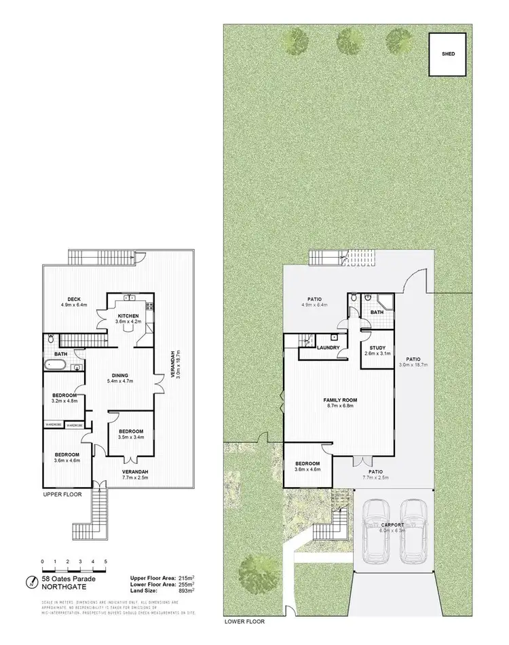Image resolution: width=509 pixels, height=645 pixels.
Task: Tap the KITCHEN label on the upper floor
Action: pyautogui.click(x=128, y=316)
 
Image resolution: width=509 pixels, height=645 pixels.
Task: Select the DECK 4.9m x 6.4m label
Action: pyautogui.click(x=75, y=302)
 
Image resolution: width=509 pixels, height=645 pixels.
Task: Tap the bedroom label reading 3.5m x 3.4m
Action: pyautogui.click(x=131, y=435)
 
